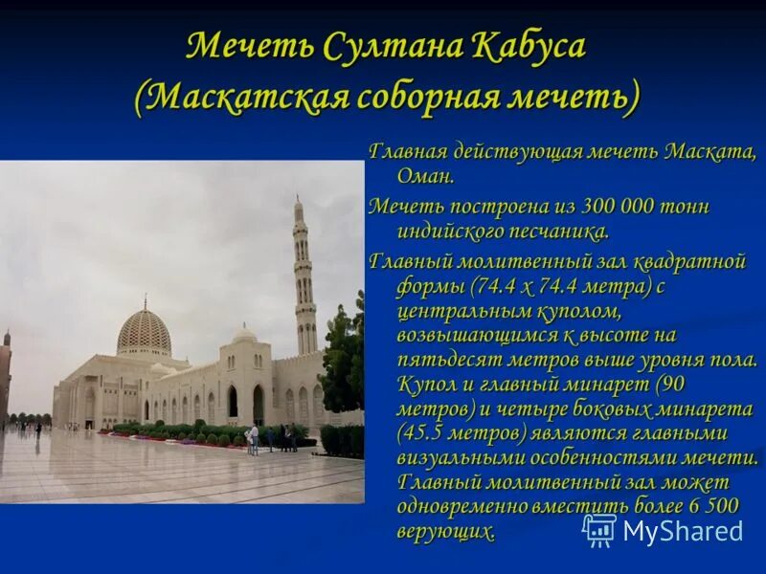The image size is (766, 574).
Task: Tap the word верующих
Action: tap(445, 534)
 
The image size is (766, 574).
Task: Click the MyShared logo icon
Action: tap(599, 530)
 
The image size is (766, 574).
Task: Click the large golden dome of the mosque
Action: tap(144, 331)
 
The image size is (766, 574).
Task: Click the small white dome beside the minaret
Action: tap(245, 334)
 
